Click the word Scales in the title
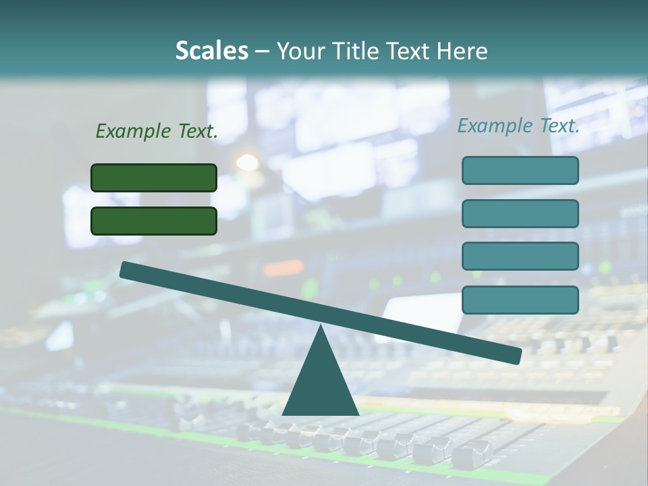pyautogui.click(x=211, y=51)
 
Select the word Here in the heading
pyautogui.click(x=462, y=51)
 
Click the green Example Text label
pyautogui.click(x=157, y=131)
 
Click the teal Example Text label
pyautogui.click(x=518, y=126)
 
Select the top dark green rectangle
pyautogui.click(x=154, y=178)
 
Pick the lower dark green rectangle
pyautogui.click(x=154, y=221)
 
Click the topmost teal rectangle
pyautogui.click(x=520, y=170)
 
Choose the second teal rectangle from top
pyautogui.click(x=520, y=213)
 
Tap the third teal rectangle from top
pyautogui.click(x=520, y=256)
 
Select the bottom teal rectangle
pyautogui.click(x=520, y=300)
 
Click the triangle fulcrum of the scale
pyautogui.click(x=321, y=385)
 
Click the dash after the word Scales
pyautogui.click(x=262, y=51)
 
